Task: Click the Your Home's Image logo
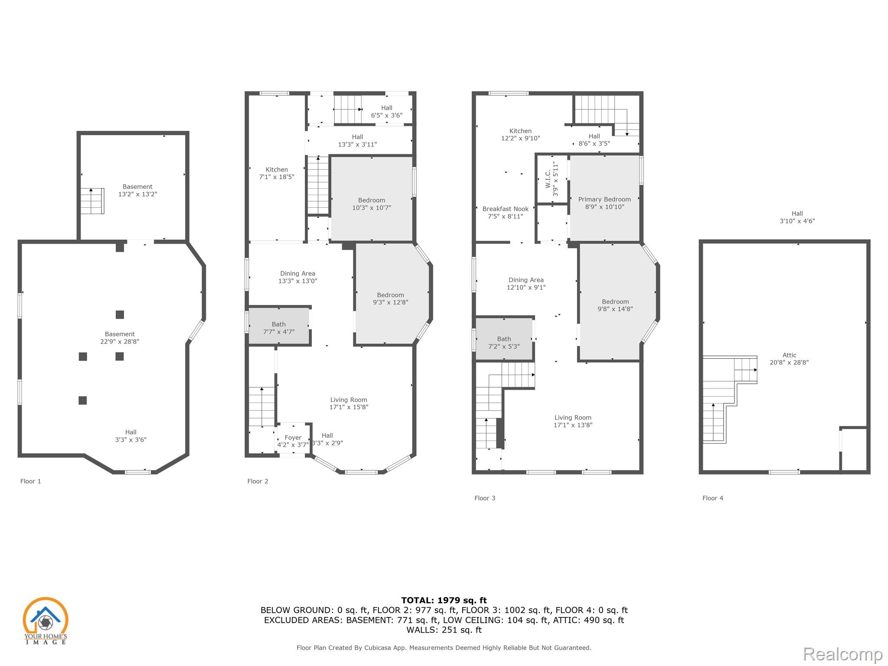click(x=46, y=620)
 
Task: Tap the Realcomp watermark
click(x=842, y=654)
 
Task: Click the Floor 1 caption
click(x=31, y=481)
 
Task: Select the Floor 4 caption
click(x=713, y=498)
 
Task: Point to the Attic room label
click(x=789, y=359)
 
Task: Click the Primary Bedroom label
click(x=604, y=203)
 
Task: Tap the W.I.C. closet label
click(x=552, y=179)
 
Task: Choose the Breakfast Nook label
click(x=506, y=212)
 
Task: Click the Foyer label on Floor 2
click(x=293, y=441)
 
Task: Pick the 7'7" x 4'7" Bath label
click(x=279, y=328)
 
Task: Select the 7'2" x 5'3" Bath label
click(x=504, y=343)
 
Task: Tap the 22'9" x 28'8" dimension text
click(x=120, y=342)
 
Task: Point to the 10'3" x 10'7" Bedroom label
click(x=372, y=204)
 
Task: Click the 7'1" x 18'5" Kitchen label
click(x=277, y=173)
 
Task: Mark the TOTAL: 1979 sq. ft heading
click(x=444, y=601)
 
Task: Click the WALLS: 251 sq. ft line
click(x=444, y=630)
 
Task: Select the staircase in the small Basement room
click(x=92, y=201)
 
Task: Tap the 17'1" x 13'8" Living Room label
click(x=573, y=421)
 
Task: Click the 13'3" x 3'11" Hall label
click(x=358, y=140)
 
